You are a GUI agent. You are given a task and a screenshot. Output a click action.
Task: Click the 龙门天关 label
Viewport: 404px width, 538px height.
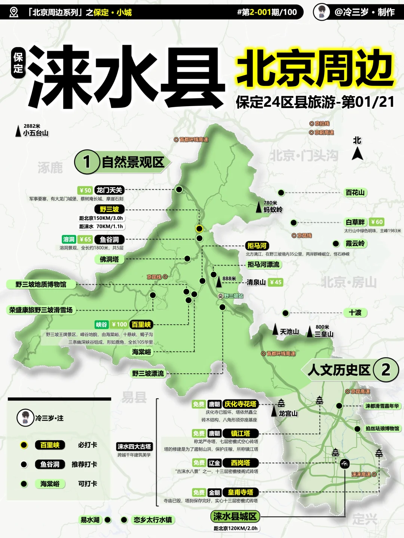[x=109, y=190]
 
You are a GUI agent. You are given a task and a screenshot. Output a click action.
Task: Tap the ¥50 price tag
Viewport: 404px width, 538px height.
[x=85, y=191]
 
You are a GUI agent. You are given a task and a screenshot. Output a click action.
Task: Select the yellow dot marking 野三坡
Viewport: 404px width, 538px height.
[x=199, y=229]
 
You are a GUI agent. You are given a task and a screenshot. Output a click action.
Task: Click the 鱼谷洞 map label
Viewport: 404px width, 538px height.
[x=109, y=239]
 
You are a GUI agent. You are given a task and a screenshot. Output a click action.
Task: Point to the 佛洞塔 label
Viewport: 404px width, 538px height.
[x=109, y=259]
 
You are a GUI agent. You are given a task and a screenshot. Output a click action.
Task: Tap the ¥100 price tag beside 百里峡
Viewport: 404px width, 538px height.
[x=119, y=325]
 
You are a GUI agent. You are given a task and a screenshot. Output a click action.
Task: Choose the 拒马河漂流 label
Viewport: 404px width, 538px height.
[x=263, y=265]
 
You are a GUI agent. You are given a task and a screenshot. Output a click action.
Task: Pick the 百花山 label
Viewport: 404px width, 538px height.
[x=355, y=192]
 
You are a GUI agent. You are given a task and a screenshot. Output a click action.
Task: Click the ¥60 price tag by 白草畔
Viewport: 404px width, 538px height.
[x=377, y=222]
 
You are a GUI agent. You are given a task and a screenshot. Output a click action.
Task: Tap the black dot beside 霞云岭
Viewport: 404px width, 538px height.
[x=336, y=244]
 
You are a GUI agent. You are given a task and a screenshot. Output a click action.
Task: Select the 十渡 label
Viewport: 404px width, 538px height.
[x=355, y=313]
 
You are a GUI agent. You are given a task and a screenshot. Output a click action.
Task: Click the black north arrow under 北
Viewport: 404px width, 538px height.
[x=358, y=153]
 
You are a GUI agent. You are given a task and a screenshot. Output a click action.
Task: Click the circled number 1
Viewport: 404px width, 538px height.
[x=87, y=162]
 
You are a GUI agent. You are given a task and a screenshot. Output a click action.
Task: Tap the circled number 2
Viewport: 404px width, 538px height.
[x=386, y=370]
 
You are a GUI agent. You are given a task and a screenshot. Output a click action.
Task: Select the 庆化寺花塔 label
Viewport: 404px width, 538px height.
[x=240, y=404]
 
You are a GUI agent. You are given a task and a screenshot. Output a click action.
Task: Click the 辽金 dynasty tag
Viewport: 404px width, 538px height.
[x=214, y=463]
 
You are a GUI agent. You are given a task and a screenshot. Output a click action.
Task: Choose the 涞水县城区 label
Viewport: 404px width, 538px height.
[x=235, y=517]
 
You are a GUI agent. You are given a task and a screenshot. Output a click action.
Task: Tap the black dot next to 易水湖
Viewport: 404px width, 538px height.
[x=108, y=520]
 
